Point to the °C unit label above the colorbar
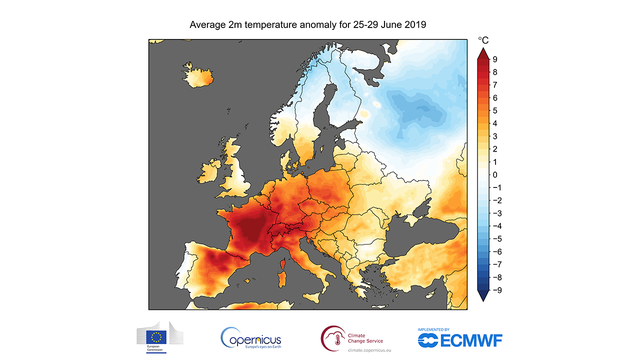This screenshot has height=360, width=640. point(483,41)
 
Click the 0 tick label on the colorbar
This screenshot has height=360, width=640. point(496,174)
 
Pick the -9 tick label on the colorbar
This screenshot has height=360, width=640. point(498,288)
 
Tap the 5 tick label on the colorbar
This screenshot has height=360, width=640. point(496,111)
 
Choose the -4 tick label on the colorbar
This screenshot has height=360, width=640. point(498,225)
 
